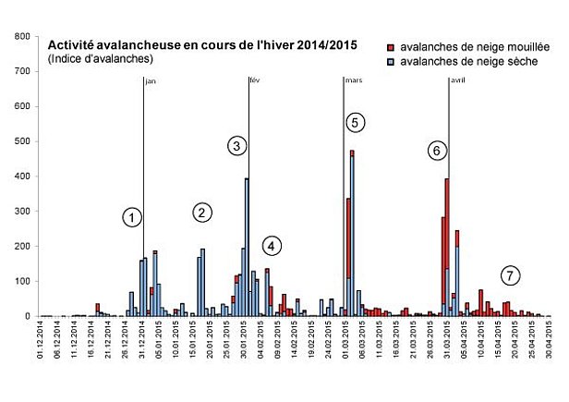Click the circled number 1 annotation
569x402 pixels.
tap(132, 217)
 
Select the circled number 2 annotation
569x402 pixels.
tap(203, 212)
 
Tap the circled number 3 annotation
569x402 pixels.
tap(236, 146)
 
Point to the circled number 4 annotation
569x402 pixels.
tap(271, 246)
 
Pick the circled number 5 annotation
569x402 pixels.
tap(357, 122)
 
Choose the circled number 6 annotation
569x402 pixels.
tap(438, 150)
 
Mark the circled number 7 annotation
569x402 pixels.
tap(511, 274)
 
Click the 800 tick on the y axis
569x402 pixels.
tap(20, 36)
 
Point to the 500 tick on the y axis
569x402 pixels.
tap(20, 141)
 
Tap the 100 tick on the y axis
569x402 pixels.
tap(20, 282)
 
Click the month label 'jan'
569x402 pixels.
tap(151, 81)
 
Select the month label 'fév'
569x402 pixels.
tap(256, 81)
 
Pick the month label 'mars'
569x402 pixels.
tap(353, 81)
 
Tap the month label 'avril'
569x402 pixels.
tap(456, 81)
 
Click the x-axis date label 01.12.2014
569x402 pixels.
tap(40, 343)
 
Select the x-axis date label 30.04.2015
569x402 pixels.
tap(549, 343)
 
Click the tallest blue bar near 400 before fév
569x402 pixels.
tap(247, 248)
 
